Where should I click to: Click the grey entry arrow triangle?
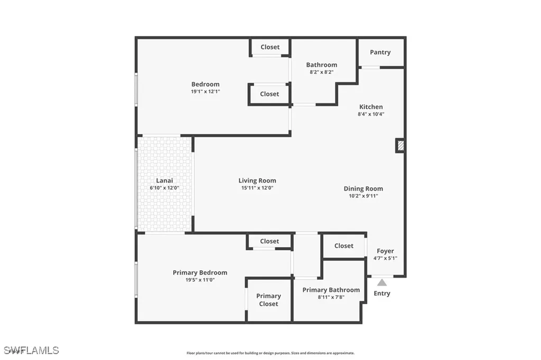tap(381, 282)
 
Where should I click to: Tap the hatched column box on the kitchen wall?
tap(400, 145)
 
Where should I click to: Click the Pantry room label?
tap(380, 52)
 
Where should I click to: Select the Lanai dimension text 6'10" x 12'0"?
tap(164, 187)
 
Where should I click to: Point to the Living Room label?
tap(257, 181)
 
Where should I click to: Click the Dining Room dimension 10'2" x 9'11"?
tap(363, 196)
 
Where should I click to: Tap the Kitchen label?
tap(371, 107)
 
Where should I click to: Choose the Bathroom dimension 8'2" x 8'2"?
tap(322, 72)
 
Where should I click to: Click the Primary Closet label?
tap(268, 300)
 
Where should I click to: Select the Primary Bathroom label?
tap(331, 290)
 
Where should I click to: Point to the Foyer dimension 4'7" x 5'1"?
tap(385, 258)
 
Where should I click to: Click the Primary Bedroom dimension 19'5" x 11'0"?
tap(200, 280)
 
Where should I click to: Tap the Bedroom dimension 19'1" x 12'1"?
tap(206, 92)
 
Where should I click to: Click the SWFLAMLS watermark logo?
tap(31, 350)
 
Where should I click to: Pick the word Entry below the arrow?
tap(382, 293)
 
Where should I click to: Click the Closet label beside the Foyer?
tap(343, 245)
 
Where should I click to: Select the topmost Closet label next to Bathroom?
tap(270, 47)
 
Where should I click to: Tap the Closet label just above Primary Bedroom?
tap(269, 241)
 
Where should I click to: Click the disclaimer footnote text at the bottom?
tap(270, 353)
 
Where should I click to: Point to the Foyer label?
tap(385, 251)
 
